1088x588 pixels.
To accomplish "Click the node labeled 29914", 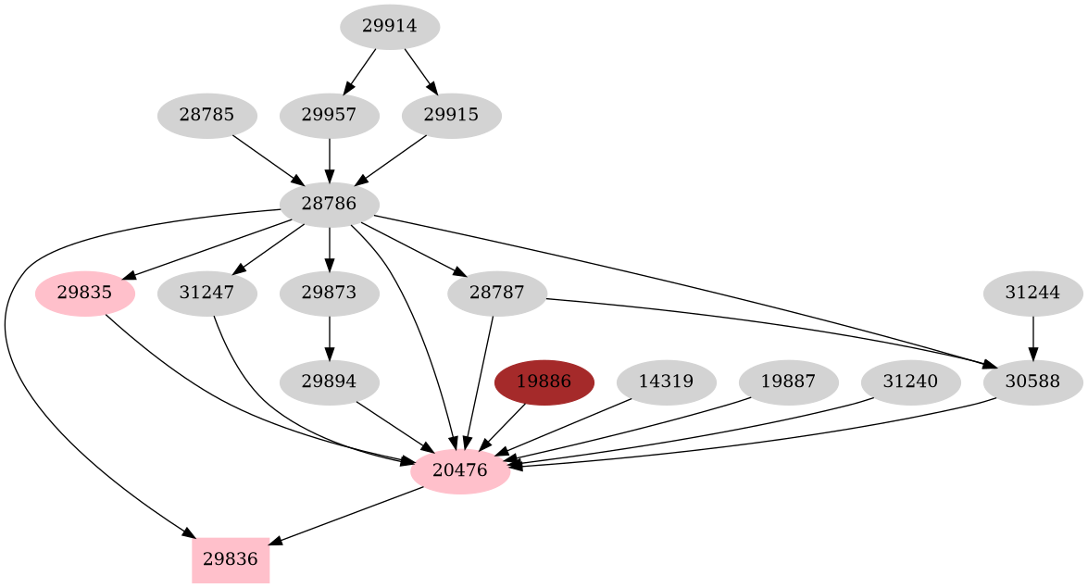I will (x=390, y=27).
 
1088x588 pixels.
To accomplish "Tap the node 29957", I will (x=330, y=116).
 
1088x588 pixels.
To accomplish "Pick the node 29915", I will (x=452, y=116).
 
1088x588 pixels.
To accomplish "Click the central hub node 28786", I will (x=330, y=205).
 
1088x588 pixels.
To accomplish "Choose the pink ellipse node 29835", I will (x=85, y=294).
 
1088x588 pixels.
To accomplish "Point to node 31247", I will (x=207, y=294).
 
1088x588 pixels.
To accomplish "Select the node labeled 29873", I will (x=330, y=294).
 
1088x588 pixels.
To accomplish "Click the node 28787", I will (x=497, y=294).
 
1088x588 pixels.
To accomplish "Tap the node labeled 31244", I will (x=1032, y=294).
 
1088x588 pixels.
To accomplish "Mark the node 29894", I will (x=330, y=382).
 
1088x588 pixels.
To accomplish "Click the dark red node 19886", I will (x=544, y=382).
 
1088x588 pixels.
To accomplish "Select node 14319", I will (x=667, y=382).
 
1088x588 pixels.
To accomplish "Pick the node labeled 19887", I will (x=789, y=382).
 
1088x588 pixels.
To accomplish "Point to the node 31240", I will (x=911, y=382).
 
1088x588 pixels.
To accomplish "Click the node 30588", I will (x=1032, y=382).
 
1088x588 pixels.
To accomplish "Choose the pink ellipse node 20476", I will (x=460, y=471).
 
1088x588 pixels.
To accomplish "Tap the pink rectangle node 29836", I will (x=231, y=560).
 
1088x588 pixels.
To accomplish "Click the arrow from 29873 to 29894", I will (x=330, y=338).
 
